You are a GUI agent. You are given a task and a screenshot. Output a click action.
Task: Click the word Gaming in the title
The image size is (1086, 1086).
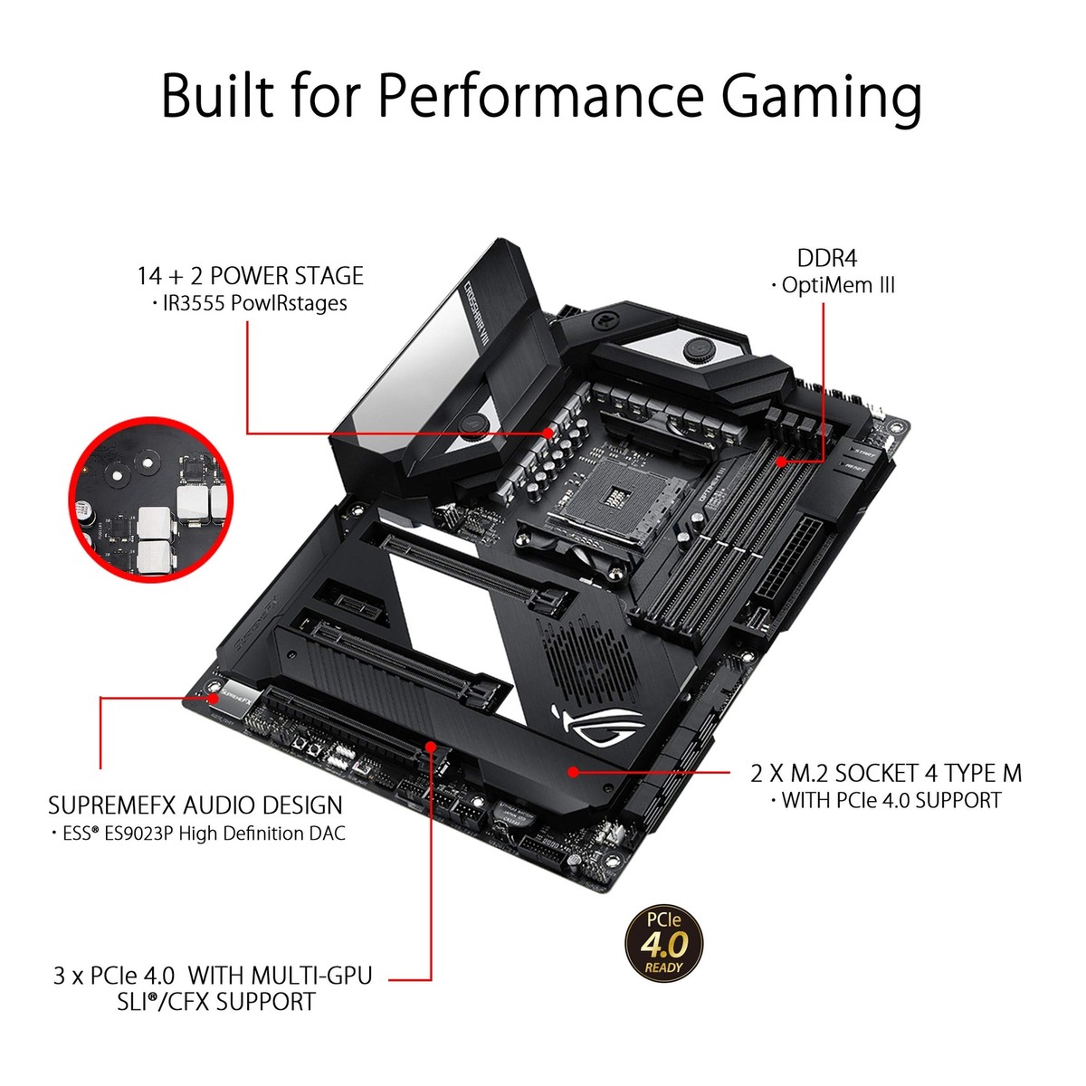(x=822, y=95)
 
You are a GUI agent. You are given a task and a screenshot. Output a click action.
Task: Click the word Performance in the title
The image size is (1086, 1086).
(x=540, y=95)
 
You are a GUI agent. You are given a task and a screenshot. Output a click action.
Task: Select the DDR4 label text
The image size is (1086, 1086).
(x=827, y=258)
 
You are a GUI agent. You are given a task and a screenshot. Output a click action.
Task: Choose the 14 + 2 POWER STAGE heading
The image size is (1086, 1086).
(x=251, y=276)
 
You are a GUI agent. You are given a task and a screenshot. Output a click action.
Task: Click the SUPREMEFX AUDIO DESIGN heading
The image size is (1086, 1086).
(x=195, y=805)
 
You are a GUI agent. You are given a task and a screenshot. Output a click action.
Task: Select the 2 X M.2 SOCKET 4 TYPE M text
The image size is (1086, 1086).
(x=886, y=773)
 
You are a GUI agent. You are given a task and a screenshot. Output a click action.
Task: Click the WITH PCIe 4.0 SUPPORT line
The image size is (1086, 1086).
(x=891, y=800)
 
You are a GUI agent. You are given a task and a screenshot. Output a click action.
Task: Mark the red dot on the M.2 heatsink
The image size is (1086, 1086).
(x=573, y=772)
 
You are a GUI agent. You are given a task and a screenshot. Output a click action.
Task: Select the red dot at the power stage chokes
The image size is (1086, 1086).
(x=548, y=433)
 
